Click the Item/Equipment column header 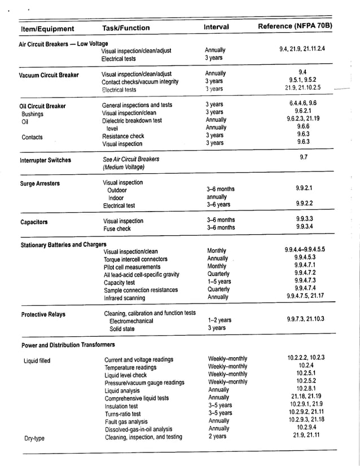(x=47, y=29)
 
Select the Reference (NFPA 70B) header (x=295, y=27)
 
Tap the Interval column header (x=216, y=27)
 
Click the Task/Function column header (x=126, y=28)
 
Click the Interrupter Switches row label (x=46, y=160)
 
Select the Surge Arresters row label (x=39, y=183)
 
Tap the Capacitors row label (x=34, y=222)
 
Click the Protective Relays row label (x=43, y=315)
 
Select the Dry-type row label (x=34, y=437)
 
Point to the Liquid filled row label (x=37, y=359)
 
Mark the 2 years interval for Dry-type (x=217, y=436)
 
